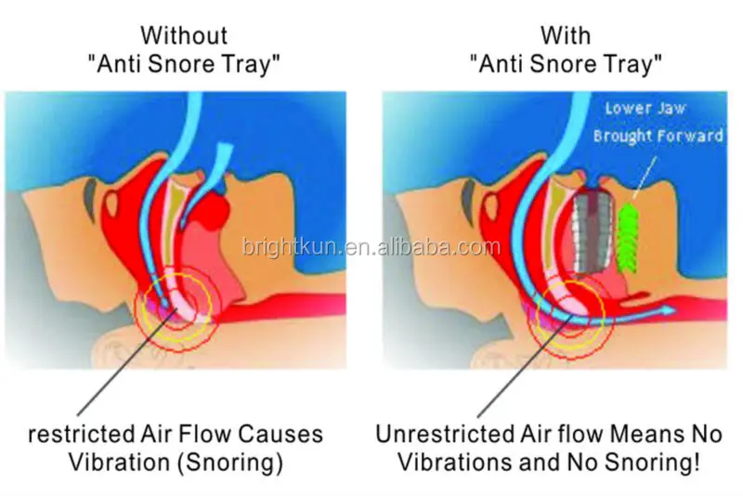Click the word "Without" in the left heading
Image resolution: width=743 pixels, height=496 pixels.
tap(183, 35)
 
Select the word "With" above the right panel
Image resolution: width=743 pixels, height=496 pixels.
tap(566, 35)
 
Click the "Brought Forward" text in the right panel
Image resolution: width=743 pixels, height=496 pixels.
tap(658, 136)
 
